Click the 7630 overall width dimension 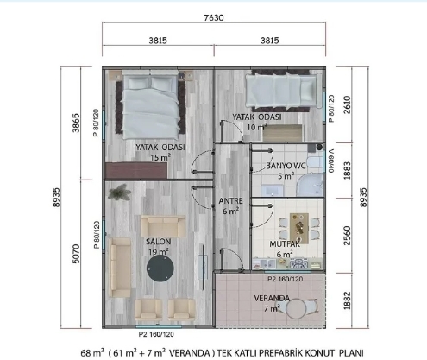point(214,18)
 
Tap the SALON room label point(158,242)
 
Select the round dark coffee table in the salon point(160,268)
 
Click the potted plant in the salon point(119,192)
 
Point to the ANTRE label point(230,201)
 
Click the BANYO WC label point(286,166)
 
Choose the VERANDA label point(272,298)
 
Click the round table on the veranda point(297,309)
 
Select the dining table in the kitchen point(299,227)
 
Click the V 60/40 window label point(331,161)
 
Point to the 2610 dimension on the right point(348,104)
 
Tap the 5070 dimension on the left point(76,254)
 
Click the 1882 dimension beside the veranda point(348,300)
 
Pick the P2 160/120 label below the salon point(156,334)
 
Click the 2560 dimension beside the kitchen point(348,236)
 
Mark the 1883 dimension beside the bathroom point(348,170)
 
